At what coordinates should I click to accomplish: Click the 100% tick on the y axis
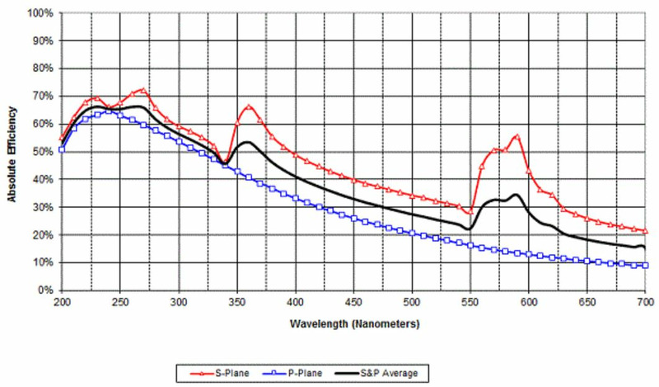pos(40,13)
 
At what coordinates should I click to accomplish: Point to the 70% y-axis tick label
pos(43,97)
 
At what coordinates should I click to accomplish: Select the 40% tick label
pos(43,180)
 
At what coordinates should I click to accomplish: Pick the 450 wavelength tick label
pos(353,303)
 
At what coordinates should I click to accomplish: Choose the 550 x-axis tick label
pos(470,303)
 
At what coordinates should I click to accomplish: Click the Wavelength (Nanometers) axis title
pos(353,324)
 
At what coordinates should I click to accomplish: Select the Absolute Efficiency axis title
pos(12,152)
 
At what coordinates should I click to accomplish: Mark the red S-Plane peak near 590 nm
pos(517,135)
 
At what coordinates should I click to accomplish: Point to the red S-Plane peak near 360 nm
pos(249,106)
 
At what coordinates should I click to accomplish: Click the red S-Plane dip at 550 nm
pos(470,213)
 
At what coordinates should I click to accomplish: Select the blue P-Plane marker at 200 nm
pos(62,149)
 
